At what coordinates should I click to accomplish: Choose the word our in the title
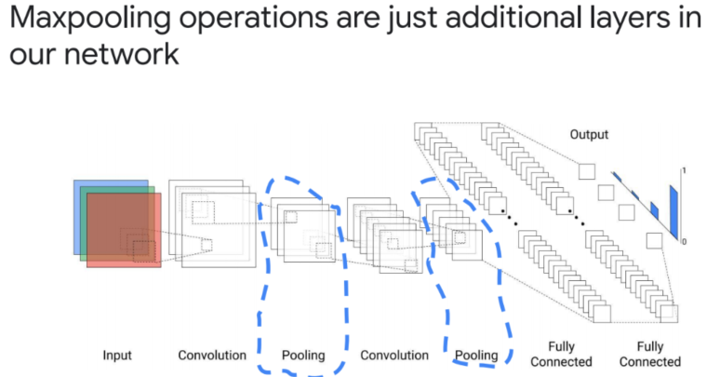(30, 55)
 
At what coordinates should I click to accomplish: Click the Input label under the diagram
(116, 356)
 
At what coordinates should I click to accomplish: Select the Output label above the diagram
(589, 135)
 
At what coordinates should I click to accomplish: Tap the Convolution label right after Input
(212, 356)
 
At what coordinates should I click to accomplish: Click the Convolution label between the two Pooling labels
(394, 356)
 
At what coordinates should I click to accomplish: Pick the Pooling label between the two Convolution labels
(303, 356)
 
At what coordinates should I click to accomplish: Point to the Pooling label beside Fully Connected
(476, 356)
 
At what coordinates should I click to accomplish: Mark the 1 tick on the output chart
(685, 171)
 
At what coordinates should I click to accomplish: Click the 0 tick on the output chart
(685, 241)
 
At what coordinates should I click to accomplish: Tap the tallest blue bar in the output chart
(673, 212)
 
